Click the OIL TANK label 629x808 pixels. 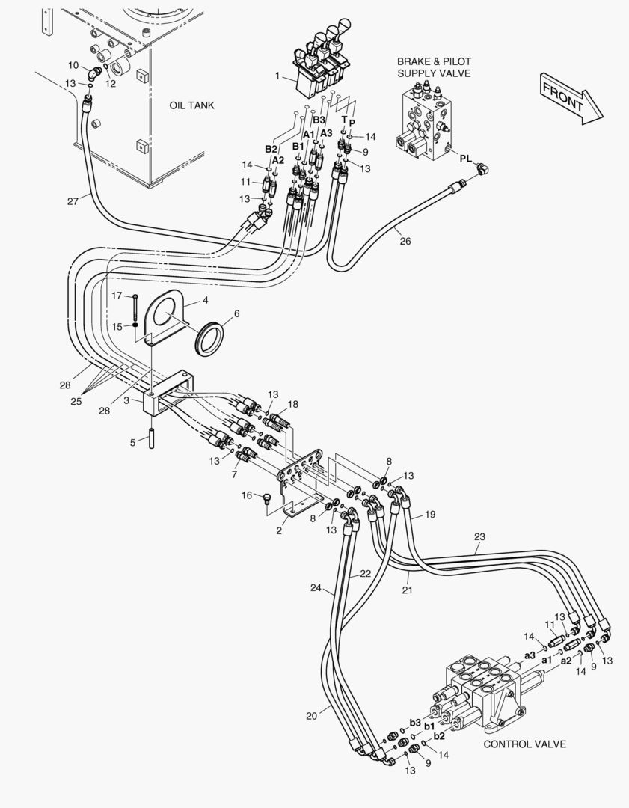(191, 105)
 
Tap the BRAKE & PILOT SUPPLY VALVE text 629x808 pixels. (434, 67)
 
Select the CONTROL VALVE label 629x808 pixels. (524, 744)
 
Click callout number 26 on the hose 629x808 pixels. (405, 241)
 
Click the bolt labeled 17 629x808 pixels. (135, 307)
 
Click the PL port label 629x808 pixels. (465, 159)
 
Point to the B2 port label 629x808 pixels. (271, 149)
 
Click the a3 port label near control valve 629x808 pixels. (530, 655)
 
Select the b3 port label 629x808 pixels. (415, 723)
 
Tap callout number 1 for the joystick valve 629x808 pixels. (277, 76)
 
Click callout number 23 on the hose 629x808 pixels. (479, 536)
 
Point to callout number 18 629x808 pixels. (292, 404)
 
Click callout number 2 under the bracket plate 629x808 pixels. (278, 530)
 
